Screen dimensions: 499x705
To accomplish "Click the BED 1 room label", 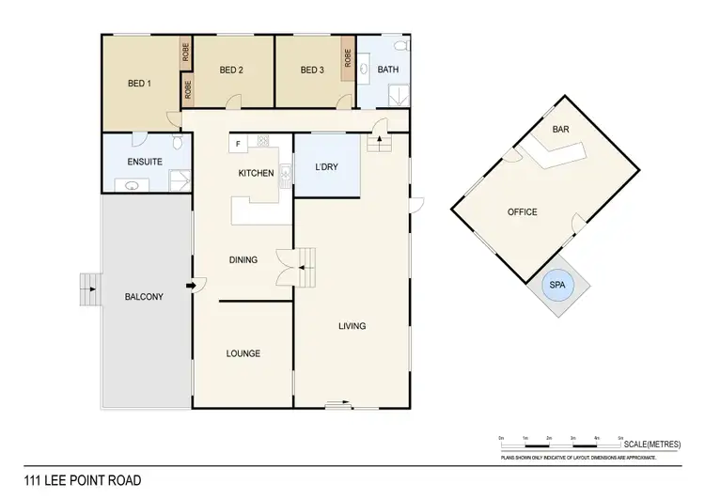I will click(x=140, y=83).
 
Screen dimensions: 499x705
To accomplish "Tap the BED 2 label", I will click(x=231, y=70).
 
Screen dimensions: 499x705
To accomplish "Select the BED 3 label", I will click(x=312, y=70).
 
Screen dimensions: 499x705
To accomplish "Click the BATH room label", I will click(x=386, y=70).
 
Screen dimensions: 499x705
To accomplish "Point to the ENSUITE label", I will click(x=144, y=162).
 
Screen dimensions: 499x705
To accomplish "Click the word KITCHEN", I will click(x=256, y=173).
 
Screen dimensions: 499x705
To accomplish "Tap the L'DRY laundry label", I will click(x=326, y=168).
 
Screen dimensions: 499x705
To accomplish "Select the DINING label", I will click(x=243, y=260).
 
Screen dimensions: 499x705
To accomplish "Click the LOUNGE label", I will click(x=243, y=353).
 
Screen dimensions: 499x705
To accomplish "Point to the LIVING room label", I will click(x=352, y=326).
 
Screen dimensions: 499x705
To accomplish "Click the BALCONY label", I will click(x=144, y=297).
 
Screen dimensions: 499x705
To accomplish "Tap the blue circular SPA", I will click(x=559, y=286).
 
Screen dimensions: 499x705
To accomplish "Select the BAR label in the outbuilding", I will click(x=561, y=128).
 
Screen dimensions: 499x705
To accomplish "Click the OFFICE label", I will click(x=523, y=212).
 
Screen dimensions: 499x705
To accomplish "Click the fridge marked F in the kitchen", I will click(x=239, y=144).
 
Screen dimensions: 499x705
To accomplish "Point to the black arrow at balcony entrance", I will click(x=192, y=286).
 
